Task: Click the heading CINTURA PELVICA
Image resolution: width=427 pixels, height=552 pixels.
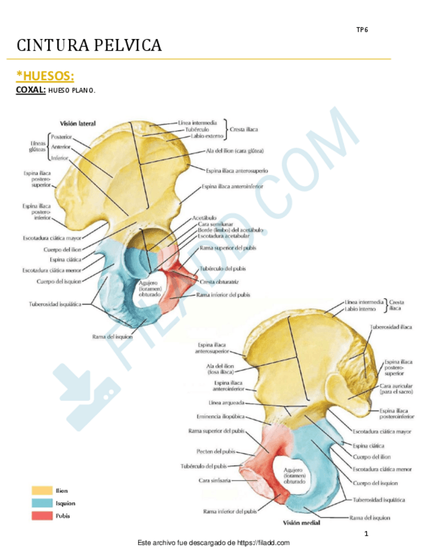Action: click(x=89, y=46)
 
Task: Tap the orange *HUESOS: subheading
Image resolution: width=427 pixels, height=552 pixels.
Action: click(x=44, y=77)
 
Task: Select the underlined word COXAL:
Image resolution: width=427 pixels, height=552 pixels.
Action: click(x=30, y=90)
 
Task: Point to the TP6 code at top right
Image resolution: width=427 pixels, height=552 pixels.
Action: click(x=362, y=30)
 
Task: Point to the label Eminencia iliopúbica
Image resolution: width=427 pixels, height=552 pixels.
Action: click(x=220, y=417)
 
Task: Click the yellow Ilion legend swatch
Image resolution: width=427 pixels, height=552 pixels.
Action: click(x=42, y=490)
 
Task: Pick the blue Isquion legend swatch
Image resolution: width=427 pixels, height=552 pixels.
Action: click(x=42, y=503)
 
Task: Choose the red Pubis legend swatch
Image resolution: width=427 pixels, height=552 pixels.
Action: click(x=42, y=516)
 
